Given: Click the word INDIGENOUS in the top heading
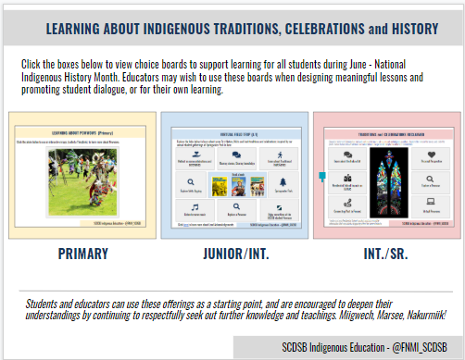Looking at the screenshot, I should (161, 29).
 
